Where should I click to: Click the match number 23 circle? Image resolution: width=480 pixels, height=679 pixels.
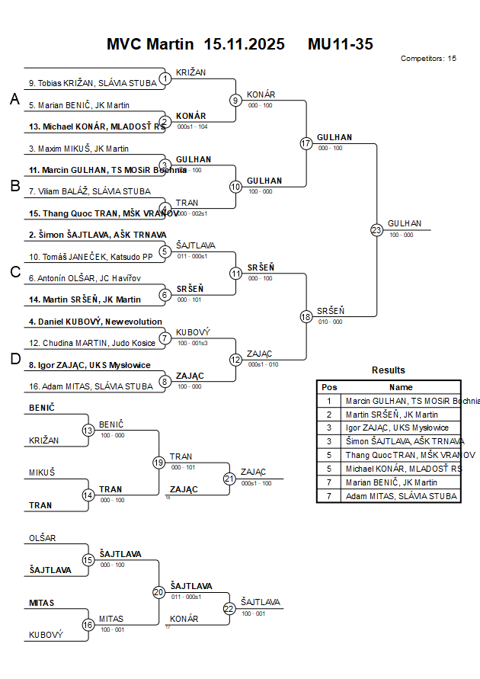click(x=376, y=229)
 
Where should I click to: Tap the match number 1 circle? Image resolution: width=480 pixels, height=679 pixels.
click(x=165, y=78)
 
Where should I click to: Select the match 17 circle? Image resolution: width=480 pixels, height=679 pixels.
click(x=306, y=143)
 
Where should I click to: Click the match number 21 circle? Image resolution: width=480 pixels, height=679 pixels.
click(x=229, y=479)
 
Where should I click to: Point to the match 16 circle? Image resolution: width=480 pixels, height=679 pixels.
click(x=88, y=625)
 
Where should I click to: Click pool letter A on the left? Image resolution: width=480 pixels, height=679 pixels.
click(x=14, y=99)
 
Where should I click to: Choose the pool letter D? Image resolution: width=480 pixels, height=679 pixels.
click(x=14, y=360)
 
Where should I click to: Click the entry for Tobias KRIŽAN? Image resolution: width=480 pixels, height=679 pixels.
click(x=82, y=83)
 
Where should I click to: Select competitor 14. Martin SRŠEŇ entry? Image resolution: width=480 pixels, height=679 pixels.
click(x=85, y=299)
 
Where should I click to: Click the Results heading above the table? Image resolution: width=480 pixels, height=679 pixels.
click(x=389, y=370)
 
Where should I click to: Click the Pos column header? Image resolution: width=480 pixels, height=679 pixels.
click(x=329, y=387)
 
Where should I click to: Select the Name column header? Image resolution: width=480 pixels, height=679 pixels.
click(x=401, y=387)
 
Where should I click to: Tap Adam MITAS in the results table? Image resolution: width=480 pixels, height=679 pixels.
click(x=402, y=496)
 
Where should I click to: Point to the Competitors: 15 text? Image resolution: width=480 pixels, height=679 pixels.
click(x=428, y=58)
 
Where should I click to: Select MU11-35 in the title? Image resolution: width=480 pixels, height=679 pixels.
click(x=340, y=43)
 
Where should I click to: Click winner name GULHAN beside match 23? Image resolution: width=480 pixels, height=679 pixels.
click(x=404, y=223)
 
